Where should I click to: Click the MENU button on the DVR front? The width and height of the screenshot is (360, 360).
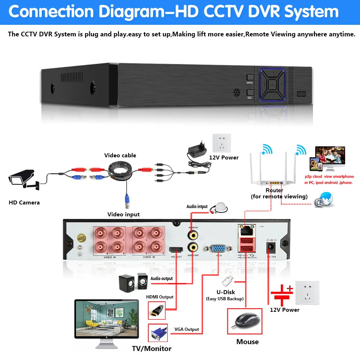(x=250, y=78)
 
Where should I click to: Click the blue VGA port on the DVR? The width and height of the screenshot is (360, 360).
(x=219, y=248)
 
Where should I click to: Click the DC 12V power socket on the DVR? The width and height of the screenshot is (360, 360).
(x=269, y=247)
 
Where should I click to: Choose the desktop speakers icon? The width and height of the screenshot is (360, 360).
(x=133, y=283)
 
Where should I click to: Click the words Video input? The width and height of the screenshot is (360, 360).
(x=123, y=215)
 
